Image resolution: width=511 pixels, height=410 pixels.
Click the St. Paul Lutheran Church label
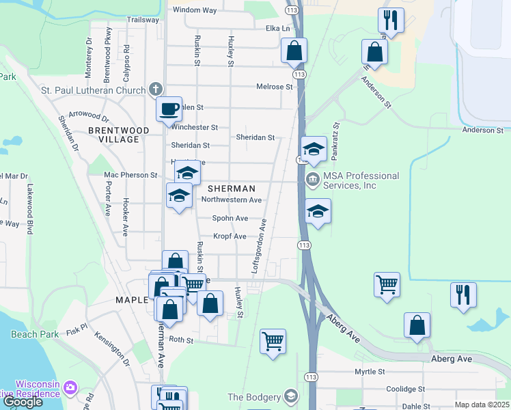(x=94, y=90)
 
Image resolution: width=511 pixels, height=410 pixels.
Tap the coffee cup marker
(x=169, y=108)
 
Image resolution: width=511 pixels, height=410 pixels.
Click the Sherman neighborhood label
(x=231, y=188)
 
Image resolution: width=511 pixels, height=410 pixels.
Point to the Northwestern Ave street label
(x=232, y=200)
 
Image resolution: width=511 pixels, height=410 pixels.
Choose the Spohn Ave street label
(x=230, y=219)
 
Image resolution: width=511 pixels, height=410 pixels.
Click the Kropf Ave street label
(x=230, y=236)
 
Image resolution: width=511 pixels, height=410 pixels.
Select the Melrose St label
(x=274, y=87)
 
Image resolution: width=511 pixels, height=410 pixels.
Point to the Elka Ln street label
(x=277, y=29)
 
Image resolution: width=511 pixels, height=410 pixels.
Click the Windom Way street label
(x=194, y=10)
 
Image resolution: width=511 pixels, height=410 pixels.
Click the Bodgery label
(x=254, y=397)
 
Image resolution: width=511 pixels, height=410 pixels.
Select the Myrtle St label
(x=370, y=372)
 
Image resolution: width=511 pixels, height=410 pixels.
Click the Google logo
(x=23, y=402)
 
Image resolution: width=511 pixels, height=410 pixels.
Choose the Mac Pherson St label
(x=130, y=175)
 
